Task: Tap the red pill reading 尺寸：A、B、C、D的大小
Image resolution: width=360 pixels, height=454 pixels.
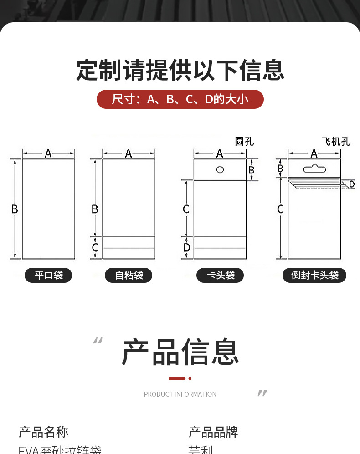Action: (x=180, y=99)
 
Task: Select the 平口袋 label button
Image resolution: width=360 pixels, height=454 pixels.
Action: (x=48, y=275)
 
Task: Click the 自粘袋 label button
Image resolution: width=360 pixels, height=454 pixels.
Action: (x=129, y=275)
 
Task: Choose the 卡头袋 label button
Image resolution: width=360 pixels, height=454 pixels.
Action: (x=220, y=275)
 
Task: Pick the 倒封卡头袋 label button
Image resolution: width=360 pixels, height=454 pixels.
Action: (x=314, y=275)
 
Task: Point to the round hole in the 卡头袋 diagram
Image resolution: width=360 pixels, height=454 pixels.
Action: (x=220, y=170)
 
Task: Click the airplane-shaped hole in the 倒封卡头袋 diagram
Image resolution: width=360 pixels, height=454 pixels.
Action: (x=314, y=168)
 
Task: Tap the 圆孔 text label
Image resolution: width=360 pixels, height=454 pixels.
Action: (x=244, y=142)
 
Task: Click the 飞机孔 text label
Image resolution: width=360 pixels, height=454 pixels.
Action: (x=336, y=142)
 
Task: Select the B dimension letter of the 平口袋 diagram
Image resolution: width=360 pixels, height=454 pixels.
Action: (x=15, y=209)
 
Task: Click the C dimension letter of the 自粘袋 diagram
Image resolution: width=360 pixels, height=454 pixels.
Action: (x=95, y=248)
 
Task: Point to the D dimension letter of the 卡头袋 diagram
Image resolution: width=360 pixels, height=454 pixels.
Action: (x=186, y=248)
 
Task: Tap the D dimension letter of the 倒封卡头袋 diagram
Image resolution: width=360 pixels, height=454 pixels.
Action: (x=351, y=184)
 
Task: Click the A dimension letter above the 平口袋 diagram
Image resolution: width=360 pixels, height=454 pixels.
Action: (x=48, y=153)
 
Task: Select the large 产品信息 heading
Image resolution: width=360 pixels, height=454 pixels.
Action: (x=180, y=352)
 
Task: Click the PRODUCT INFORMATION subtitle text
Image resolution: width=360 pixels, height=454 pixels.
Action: (x=180, y=394)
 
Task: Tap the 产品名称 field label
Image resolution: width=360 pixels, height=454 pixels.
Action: (x=43, y=432)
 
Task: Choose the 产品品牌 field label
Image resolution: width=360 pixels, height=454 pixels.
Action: (x=213, y=432)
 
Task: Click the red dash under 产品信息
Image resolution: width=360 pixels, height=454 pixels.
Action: (x=177, y=378)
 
